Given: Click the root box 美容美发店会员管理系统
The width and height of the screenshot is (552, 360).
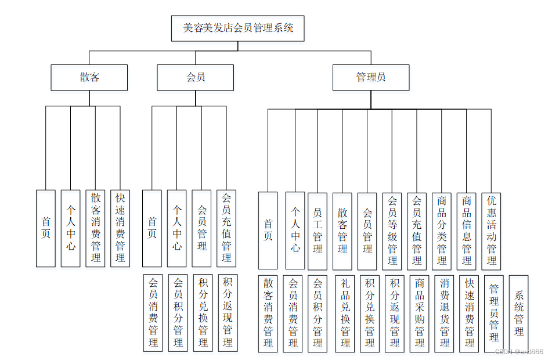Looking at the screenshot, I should [238, 28].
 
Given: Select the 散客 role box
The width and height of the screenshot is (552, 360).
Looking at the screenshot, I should [89, 77].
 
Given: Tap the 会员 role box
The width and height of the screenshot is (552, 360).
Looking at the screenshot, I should [195, 77].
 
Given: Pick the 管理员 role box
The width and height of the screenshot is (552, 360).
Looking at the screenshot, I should [370, 77].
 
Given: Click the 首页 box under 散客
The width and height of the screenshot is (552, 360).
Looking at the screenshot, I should [45, 228].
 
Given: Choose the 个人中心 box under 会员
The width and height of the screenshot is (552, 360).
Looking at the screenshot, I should [176, 228].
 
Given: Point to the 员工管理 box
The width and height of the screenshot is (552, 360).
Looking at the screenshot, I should [318, 231].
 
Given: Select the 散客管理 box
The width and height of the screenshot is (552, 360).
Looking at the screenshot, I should [342, 231].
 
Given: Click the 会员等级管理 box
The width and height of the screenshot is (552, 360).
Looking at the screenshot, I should [392, 231].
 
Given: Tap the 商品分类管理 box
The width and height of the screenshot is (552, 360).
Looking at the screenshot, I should [442, 231].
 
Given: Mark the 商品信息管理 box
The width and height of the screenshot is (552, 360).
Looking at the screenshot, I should [467, 231].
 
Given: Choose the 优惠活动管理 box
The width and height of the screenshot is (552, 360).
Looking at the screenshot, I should [491, 231].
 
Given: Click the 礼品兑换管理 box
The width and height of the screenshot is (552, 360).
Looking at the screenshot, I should [345, 314].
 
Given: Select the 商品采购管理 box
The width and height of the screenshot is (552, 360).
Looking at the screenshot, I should [419, 314].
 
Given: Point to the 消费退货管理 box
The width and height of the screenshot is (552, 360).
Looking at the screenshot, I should [444, 314].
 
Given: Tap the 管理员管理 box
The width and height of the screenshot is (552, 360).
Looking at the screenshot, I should [494, 314].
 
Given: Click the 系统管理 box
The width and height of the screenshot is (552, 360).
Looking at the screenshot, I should [518, 314].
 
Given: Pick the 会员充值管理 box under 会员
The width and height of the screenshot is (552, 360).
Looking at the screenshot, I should [226, 228].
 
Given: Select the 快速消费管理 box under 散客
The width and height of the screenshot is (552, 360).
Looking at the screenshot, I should [120, 228].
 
